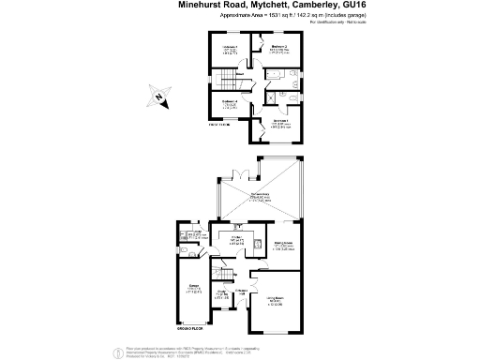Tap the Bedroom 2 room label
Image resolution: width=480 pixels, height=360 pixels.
[x=279, y=45]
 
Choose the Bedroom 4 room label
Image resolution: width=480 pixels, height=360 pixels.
[x=231, y=102]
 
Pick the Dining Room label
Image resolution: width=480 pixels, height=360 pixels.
[x=284, y=244]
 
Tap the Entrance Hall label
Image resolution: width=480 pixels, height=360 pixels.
[x=241, y=292]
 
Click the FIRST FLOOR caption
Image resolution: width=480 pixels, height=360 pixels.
[x=219, y=124]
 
